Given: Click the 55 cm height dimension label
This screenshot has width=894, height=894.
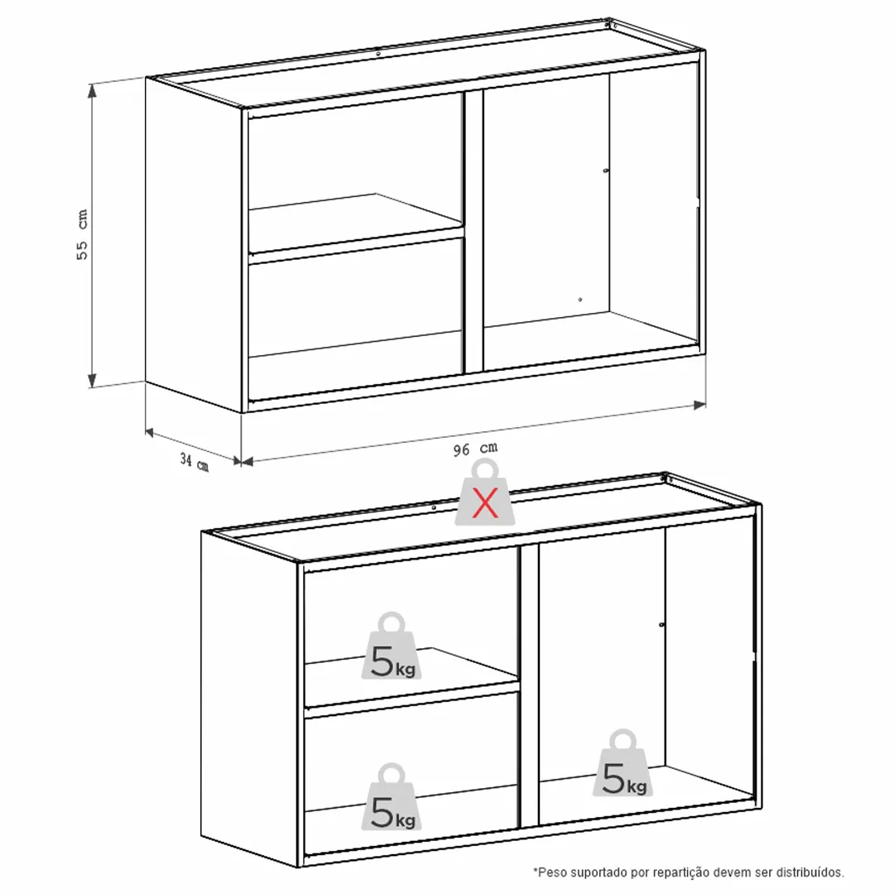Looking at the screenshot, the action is [x=83, y=234].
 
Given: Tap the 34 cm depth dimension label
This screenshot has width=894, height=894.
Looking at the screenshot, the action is [x=195, y=462].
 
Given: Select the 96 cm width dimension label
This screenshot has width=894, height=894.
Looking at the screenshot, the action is [x=475, y=449].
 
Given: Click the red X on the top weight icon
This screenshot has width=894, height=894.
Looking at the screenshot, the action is [x=484, y=502].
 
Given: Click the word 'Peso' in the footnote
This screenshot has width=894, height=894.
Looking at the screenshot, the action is [x=552, y=872].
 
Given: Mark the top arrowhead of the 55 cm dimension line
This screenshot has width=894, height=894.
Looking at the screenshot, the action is [x=91, y=89].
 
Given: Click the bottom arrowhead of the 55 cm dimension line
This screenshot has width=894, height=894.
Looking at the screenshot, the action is [x=92, y=381].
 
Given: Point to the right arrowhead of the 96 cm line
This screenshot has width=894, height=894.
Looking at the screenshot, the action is [x=699, y=405].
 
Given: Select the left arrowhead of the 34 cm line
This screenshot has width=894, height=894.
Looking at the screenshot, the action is [x=150, y=433].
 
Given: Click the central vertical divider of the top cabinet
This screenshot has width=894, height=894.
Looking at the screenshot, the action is [x=473, y=231].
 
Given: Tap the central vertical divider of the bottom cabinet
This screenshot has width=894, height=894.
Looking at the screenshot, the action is [x=529, y=685].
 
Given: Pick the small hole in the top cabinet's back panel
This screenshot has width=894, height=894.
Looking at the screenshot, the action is [x=580, y=300].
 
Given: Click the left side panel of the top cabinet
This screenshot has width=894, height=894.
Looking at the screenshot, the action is [x=194, y=245].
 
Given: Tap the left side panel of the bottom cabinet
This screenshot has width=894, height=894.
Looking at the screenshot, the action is [x=250, y=699].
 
